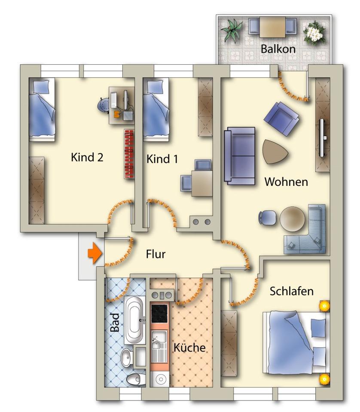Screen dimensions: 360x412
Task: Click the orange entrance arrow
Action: click(95, 253)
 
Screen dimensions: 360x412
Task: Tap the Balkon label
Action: click(278, 49)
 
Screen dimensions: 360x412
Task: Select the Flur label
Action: click(156, 254)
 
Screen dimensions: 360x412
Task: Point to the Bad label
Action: click(115, 322)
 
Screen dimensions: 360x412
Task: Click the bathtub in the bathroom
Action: click(134, 320)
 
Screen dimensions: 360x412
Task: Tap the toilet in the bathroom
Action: click(136, 379)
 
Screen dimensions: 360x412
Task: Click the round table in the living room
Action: click(293, 219)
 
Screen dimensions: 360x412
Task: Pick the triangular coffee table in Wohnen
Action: click(274, 151)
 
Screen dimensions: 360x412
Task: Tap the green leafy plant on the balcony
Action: click(232, 30)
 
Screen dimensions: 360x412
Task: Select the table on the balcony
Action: click(272, 27)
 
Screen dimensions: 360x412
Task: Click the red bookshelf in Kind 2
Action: click(129, 154)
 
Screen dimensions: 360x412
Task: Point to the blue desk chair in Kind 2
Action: click(104, 105)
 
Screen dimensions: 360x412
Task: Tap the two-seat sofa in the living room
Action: click(240, 156)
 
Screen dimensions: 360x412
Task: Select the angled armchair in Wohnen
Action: click(281, 118)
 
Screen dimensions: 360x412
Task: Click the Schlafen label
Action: click(291, 291)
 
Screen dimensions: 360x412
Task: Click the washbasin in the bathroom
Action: click(127, 357)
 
